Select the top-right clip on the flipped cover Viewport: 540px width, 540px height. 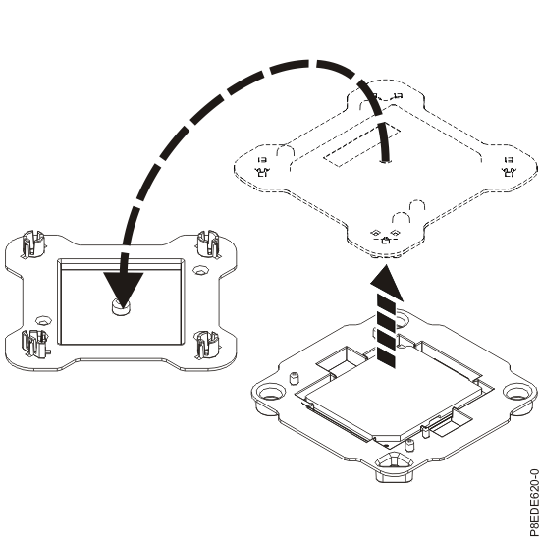pyautogui.click(x=209, y=243)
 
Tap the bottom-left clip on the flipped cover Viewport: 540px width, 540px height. pyautogui.click(x=32, y=341)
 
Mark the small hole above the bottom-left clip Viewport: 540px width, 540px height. pyautogui.click(x=44, y=319)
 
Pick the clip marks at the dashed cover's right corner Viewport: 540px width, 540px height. pyautogui.click(x=508, y=167)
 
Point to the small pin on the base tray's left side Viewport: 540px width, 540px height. pyautogui.click(x=294, y=378)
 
